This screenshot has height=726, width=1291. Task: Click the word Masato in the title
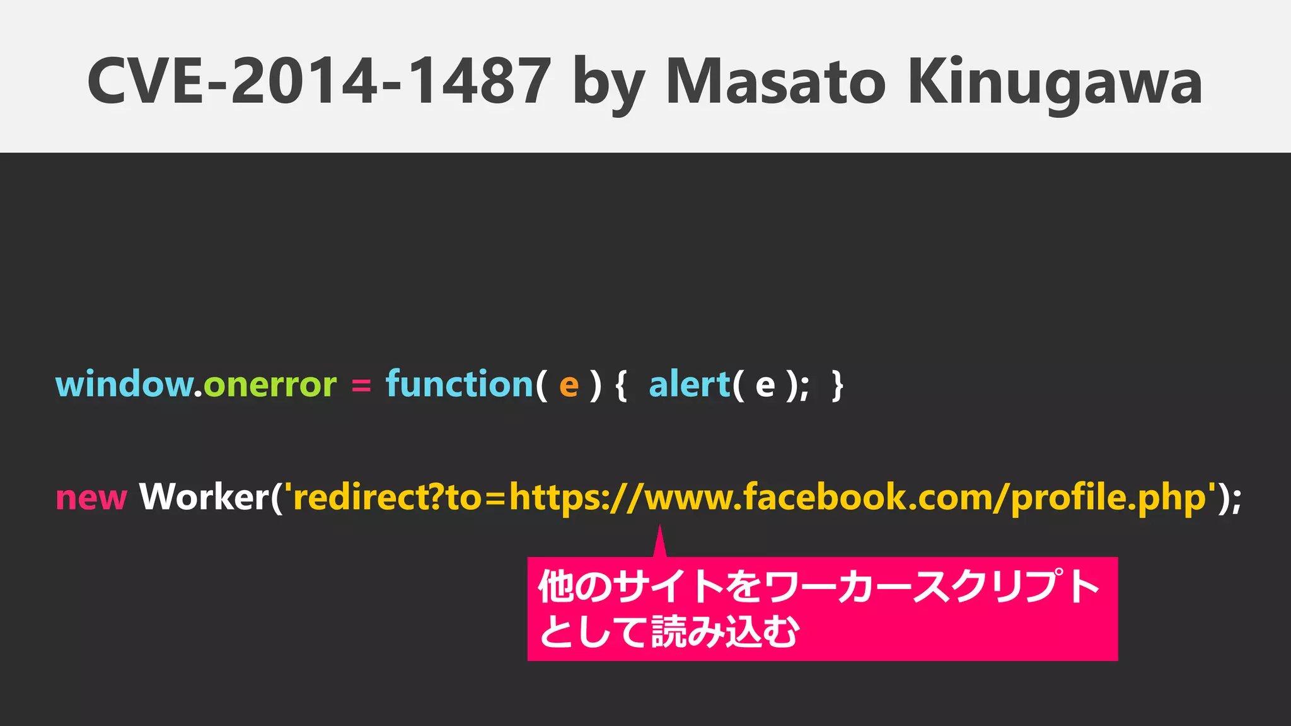[x=775, y=81]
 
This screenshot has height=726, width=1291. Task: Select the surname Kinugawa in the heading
[x=1055, y=83]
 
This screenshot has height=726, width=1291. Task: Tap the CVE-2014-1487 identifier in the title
[x=319, y=81]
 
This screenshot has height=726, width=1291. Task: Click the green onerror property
[x=270, y=385]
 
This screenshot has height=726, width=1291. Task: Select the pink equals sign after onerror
[x=361, y=385]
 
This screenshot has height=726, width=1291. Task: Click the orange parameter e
[x=569, y=385]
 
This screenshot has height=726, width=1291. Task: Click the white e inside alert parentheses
[x=765, y=385]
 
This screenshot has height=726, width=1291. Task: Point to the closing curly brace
[x=837, y=385]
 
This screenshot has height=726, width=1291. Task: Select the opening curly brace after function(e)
[x=621, y=385]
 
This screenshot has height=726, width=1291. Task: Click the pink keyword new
[x=91, y=498]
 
